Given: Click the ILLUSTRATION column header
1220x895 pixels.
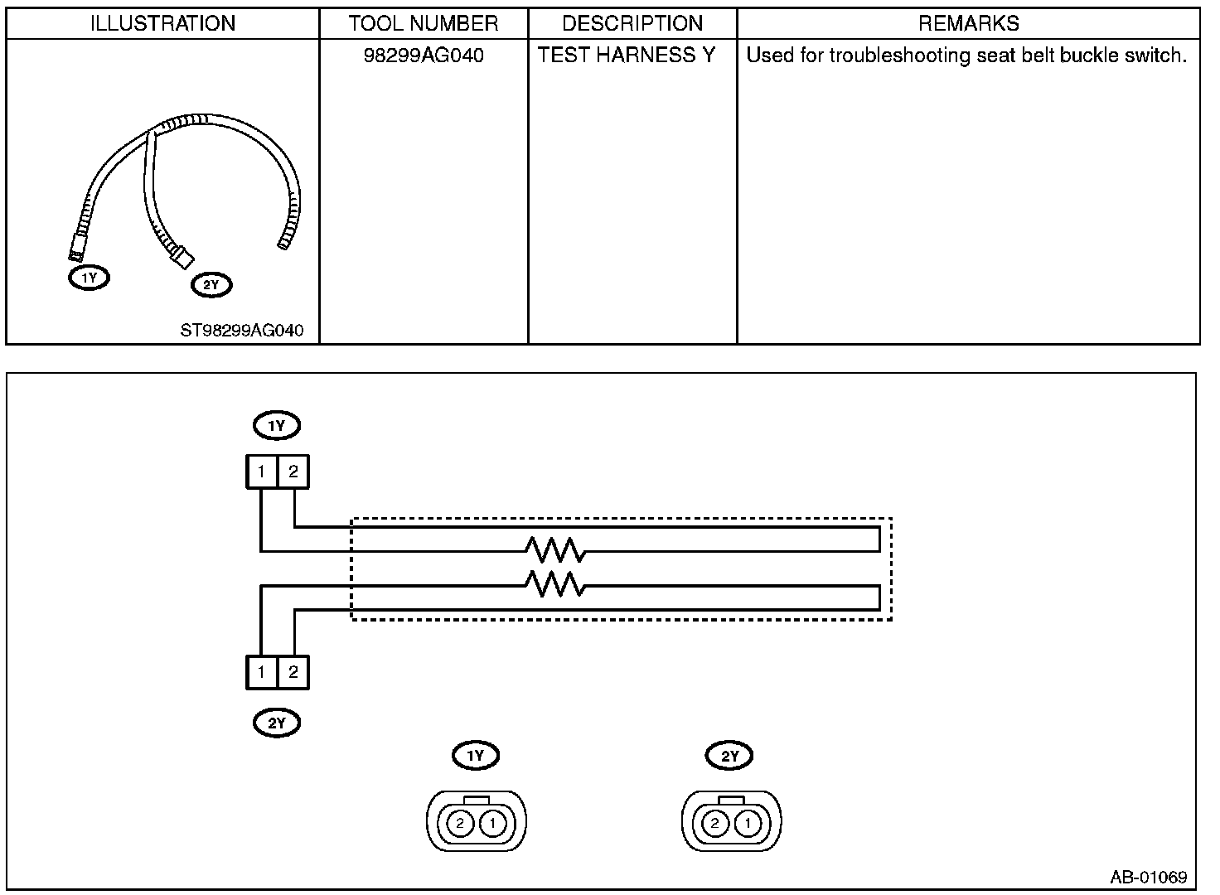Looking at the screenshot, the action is tap(162, 23).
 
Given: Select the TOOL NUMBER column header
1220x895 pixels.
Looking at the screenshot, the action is tap(424, 23).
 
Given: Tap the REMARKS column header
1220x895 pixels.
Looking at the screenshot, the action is tap(968, 23).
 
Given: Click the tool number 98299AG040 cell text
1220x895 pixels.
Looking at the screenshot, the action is tap(424, 56).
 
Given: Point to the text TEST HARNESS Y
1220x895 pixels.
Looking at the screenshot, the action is tap(626, 56).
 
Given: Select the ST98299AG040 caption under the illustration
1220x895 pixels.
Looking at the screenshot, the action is tap(242, 331).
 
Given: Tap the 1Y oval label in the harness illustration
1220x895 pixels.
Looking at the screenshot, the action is tap(89, 278).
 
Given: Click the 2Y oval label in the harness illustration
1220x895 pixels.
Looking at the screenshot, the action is tap(211, 286).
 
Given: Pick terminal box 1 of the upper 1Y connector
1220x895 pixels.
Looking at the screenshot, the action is tap(261, 472).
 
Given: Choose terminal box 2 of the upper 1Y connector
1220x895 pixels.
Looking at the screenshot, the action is tap(293, 472).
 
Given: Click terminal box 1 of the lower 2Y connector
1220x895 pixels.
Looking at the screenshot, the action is tap(261, 672).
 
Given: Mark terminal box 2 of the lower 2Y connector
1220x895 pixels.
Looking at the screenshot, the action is tap(293, 672).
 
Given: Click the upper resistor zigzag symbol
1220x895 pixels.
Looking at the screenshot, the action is tap(555, 549).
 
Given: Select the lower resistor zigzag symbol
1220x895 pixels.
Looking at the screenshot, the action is tap(555, 584).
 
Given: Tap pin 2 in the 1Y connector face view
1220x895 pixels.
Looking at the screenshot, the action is tap(461, 824).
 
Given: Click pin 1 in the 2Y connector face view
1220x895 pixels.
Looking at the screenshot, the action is tap(748, 824).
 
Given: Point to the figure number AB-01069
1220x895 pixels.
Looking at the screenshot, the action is tap(1149, 877).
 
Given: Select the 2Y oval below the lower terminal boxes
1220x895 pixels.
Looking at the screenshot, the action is tap(277, 723).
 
